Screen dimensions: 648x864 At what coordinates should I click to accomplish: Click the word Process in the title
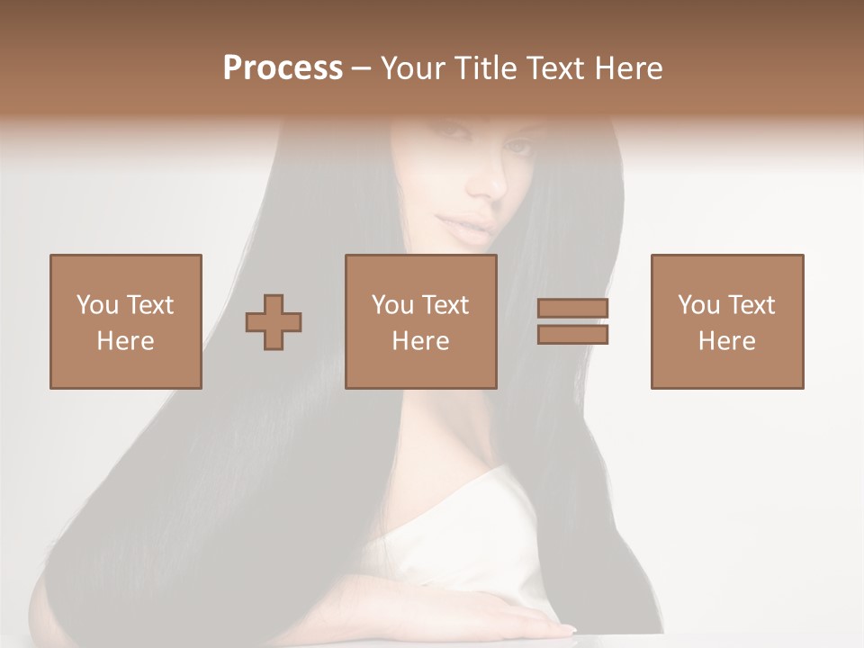point(283,68)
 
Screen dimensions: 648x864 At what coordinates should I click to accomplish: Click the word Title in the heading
point(489,68)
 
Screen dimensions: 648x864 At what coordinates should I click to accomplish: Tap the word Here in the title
point(630,68)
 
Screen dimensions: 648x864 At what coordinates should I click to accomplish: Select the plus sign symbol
point(274,321)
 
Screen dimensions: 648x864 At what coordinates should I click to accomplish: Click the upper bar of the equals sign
point(572,308)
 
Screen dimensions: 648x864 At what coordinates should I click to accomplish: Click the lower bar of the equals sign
point(572,334)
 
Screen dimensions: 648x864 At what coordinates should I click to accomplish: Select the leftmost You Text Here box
point(126,321)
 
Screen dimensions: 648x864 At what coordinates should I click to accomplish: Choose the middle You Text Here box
point(421,321)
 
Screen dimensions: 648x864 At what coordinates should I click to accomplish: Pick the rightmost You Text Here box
point(727,321)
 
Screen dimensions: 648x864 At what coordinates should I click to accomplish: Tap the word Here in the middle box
point(421,341)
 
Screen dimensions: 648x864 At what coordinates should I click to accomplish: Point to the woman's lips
point(473,223)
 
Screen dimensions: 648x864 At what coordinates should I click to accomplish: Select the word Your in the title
point(413,68)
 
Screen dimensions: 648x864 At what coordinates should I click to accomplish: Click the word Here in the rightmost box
point(727,341)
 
